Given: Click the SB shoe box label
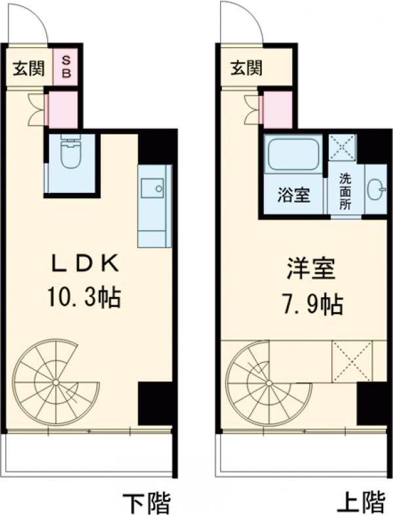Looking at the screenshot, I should click(66, 66).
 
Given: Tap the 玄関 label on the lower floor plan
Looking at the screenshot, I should click(29, 68).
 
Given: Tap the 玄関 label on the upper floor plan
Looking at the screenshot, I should click(246, 67).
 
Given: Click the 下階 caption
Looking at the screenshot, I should click(147, 503).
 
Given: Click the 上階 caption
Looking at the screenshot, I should click(361, 503).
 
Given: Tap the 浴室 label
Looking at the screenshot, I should click(293, 196).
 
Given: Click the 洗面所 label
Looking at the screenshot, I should click(345, 190).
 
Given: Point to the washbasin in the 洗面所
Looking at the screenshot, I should click(376, 190).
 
